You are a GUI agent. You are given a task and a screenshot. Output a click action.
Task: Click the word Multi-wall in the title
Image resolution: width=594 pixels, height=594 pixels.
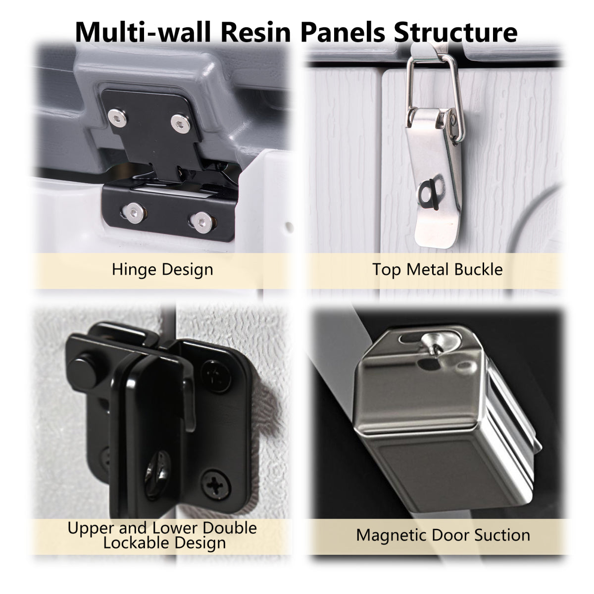tap(143, 32)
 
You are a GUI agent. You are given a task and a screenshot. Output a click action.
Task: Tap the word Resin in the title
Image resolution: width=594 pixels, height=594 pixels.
tap(256, 32)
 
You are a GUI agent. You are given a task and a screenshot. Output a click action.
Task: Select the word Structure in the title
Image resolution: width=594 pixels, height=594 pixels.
tap(455, 32)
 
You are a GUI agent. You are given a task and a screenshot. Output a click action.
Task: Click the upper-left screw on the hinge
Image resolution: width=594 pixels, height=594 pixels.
tap(117, 118)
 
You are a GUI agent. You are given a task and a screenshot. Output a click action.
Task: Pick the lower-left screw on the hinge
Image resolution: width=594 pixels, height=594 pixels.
tap(134, 213)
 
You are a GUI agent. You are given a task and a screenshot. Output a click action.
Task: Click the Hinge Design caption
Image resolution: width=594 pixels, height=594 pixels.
tap(162, 270)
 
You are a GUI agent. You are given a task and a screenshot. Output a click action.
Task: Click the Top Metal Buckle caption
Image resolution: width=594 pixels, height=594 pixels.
tap(438, 269)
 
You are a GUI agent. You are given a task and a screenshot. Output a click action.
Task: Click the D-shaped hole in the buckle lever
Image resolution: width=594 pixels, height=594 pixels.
tap(430, 194)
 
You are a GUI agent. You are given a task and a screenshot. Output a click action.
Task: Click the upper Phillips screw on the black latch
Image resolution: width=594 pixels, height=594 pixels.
tap(216, 377)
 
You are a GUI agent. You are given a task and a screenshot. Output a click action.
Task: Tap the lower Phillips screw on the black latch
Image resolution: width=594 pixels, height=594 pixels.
tap(216, 485)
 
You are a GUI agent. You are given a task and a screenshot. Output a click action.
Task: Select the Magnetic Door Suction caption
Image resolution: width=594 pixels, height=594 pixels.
tap(443, 535)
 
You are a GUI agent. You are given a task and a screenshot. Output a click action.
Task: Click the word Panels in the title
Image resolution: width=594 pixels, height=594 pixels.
tap(343, 32)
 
